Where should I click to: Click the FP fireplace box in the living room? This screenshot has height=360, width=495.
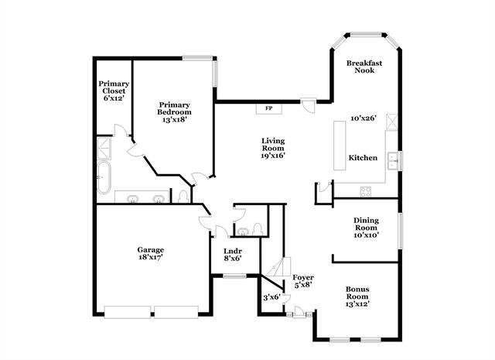(x=268, y=108)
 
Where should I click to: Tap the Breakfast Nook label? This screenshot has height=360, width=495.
(x=360, y=67)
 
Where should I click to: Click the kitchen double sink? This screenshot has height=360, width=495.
(x=394, y=160)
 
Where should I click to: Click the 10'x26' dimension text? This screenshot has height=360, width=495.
(x=363, y=118)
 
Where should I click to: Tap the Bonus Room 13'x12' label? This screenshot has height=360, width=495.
(x=357, y=297)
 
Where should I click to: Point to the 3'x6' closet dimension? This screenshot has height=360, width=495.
(x=271, y=297)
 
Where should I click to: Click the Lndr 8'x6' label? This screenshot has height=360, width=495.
(x=233, y=255)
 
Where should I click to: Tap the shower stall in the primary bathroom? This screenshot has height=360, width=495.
(x=104, y=146)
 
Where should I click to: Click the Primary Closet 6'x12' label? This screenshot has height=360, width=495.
(x=113, y=91)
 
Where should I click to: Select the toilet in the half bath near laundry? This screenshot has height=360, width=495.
(x=244, y=231)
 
